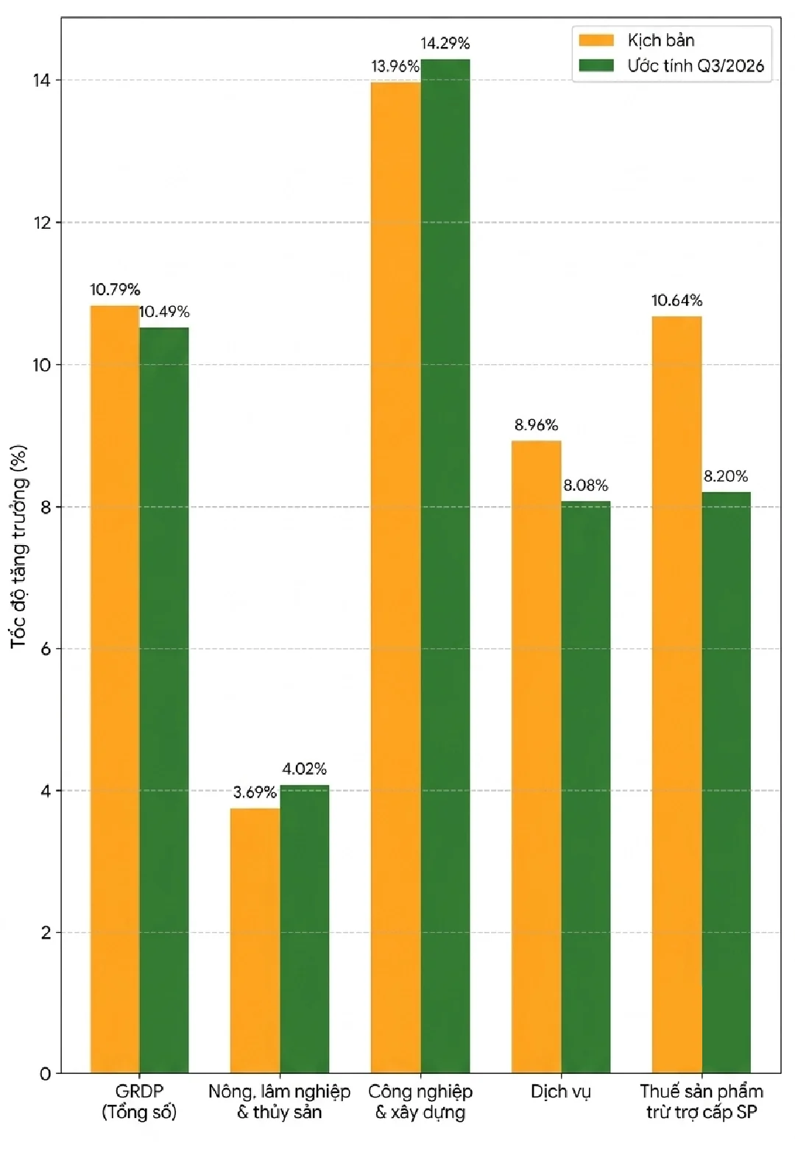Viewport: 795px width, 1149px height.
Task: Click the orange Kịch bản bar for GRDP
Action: coord(115,689)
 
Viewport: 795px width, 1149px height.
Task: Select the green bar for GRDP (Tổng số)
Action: coord(163,700)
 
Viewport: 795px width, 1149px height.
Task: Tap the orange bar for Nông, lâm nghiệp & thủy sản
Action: coord(255,941)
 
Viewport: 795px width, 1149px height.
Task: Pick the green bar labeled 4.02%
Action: coord(304,929)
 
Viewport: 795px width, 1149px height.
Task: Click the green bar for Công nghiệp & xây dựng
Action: coord(445,566)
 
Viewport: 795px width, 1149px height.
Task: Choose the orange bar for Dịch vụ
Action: coord(537,757)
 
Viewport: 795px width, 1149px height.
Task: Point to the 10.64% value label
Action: coord(677,301)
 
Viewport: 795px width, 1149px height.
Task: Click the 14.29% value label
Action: coord(445,43)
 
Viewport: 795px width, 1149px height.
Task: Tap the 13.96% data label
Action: coord(395,67)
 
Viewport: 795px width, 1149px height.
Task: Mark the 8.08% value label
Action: coord(586,485)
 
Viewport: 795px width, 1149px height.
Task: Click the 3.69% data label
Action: coord(255,793)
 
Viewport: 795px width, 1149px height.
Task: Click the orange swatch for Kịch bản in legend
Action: coord(596,40)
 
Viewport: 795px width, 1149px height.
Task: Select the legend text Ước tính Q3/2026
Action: coord(696,65)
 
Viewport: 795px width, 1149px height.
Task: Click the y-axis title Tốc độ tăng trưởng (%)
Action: coord(19,547)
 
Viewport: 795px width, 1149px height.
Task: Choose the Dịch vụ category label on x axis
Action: coord(560,1092)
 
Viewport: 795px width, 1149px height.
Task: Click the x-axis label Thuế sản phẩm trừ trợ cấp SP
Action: coord(702,1102)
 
